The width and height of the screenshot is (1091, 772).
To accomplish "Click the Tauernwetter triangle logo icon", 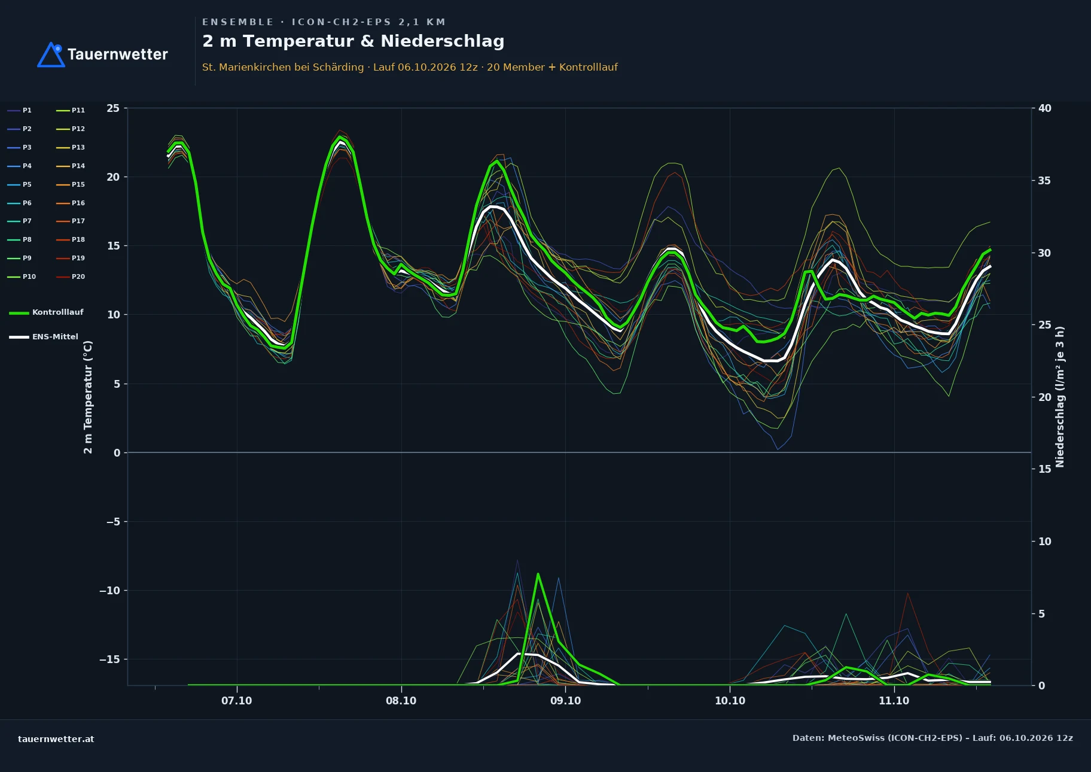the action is [x=51, y=55].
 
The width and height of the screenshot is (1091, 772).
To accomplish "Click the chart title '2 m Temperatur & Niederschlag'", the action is [x=353, y=41].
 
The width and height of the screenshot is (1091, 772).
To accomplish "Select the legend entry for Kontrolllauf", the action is [x=46, y=312].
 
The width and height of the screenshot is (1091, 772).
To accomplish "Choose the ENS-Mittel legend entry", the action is [x=44, y=337].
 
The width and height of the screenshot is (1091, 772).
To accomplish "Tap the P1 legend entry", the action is [x=20, y=110].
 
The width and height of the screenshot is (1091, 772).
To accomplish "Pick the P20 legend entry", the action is [x=71, y=276].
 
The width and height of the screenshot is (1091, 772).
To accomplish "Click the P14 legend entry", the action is [x=71, y=166].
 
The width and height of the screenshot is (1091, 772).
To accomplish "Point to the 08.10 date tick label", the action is [x=401, y=701].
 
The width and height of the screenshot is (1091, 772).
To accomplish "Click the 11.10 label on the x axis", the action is [x=894, y=701].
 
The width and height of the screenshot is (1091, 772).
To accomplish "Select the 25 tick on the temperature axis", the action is [x=113, y=108].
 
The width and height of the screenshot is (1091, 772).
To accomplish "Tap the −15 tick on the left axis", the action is [x=109, y=659].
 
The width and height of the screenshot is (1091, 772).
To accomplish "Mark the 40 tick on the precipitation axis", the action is [x=1045, y=108].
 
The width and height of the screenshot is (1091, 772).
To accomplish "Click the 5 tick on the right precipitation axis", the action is [x=1041, y=613].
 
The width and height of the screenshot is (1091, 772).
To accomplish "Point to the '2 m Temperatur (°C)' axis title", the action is [x=88, y=397].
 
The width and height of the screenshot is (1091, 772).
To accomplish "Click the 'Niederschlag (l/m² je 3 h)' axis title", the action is [x=1060, y=397].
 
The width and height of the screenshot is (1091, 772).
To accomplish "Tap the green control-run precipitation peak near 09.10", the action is [x=538, y=574].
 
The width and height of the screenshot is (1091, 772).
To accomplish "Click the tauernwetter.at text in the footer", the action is [x=56, y=739].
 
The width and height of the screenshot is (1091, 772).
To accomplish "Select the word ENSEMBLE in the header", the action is [x=238, y=22].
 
